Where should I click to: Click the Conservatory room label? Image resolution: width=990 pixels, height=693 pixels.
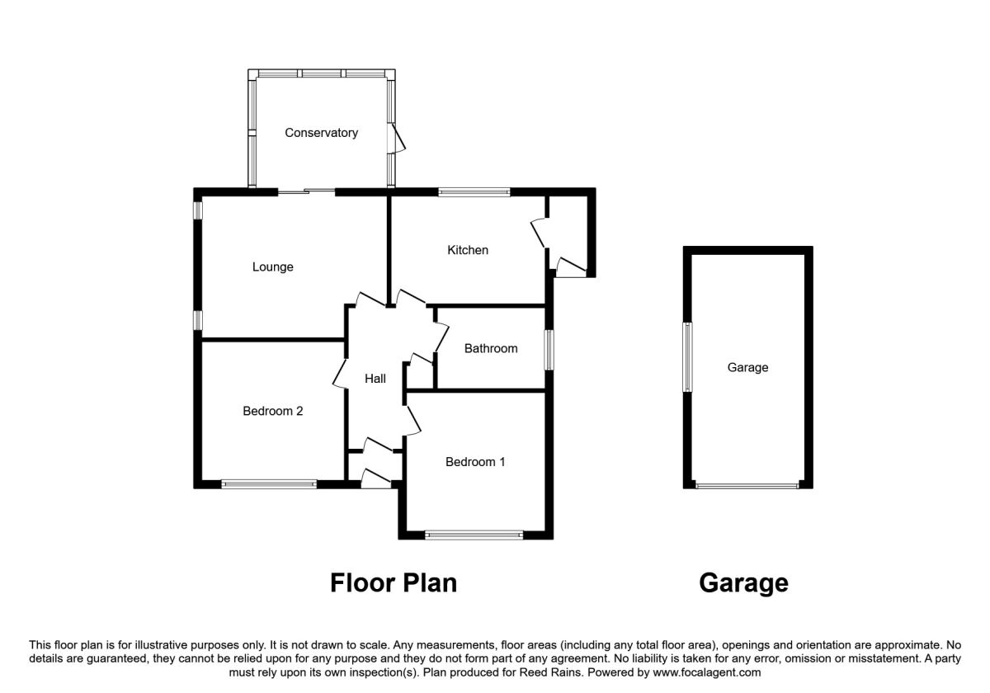click(x=321, y=133)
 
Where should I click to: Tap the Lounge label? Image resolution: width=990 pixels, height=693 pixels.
click(x=273, y=267)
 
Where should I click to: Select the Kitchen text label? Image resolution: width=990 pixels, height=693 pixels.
click(x=468, y=250)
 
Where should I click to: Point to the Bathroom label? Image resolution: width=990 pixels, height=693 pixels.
click(x=491, y=348)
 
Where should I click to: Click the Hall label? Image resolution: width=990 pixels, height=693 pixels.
click(x=375, y=379)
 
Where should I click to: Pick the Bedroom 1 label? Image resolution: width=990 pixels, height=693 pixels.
click(x=475, y=462)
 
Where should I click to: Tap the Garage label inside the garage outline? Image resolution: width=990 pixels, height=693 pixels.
click(x=747, y=368)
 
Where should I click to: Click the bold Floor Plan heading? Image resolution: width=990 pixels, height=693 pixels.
click(x=394, y=583)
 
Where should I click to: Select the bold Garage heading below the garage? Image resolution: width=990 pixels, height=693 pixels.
click(x=743, y=583)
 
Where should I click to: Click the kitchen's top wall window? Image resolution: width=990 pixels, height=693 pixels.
click(x=474, y=192)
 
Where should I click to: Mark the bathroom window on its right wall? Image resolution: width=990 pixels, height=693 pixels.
click(x=549, y=349)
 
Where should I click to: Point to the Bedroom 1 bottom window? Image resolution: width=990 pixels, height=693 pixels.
click(x=474, y=535)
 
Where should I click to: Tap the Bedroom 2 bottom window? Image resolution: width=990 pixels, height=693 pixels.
click(x=269, y=484)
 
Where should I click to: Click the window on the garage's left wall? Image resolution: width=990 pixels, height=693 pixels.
click(x=687, y=357)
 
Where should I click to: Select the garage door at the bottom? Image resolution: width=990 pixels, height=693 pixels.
click(x=747, y=485)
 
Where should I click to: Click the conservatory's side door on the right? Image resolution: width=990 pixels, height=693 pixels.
click(x=398, y=139)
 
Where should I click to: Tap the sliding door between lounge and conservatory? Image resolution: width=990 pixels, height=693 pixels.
click(x=306, y=192)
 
